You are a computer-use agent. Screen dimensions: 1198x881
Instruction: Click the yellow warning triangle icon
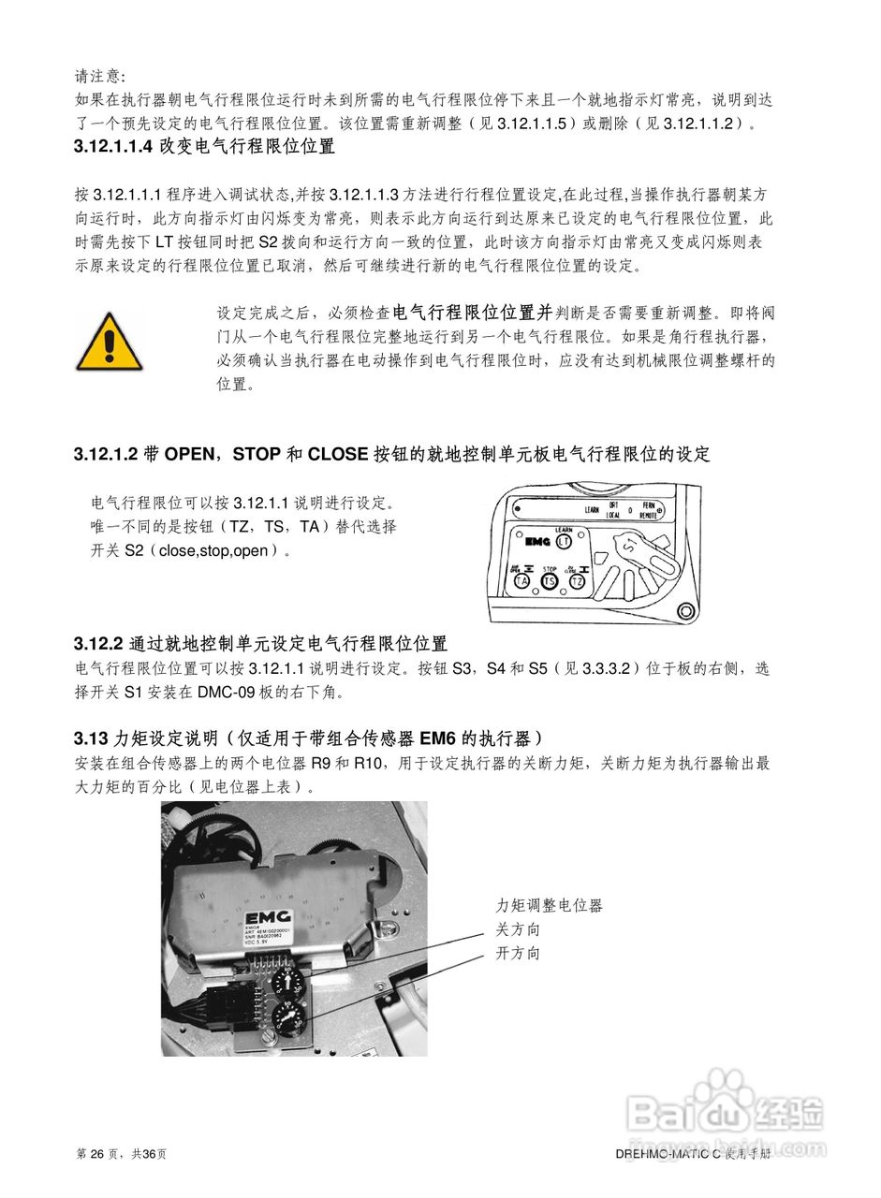pyautogui.click(x=109, y=343)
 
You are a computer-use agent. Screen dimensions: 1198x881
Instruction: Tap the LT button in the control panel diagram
pyautogui.click(x=564, y=541)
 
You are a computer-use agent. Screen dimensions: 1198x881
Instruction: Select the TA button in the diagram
pyautogui.click(x=521, y=581)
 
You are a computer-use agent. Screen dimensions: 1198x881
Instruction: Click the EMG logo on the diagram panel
pyautogui.click(x=536, y=541)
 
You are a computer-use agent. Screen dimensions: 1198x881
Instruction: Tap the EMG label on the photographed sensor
pyautogui.click(x=269, y=916)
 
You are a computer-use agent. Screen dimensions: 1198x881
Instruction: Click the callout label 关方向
pyautogui.click(x=518, y=929)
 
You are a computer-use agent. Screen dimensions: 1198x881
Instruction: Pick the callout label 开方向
pyautogui.click(x=518, y=954)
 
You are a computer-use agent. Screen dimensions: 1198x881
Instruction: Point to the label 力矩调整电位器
pyautogui.click(x=549, y=905)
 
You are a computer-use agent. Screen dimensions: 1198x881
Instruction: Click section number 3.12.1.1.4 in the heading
pyautogui.click(x=113, y=147)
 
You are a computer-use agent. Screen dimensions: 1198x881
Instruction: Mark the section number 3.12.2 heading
pyautogui.click(x=98, y=644)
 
